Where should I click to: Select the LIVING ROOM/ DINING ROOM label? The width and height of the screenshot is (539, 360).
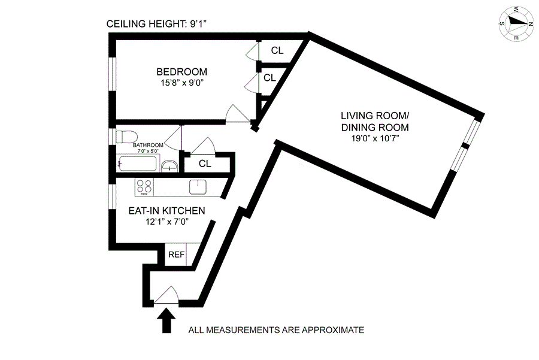click(375, 122)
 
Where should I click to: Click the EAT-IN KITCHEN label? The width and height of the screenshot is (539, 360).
click(168, 211)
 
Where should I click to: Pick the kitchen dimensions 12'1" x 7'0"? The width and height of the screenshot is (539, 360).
click(168, 222)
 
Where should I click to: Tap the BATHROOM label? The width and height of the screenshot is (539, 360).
click(148, 145)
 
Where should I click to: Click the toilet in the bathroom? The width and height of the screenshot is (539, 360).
click(128, 135)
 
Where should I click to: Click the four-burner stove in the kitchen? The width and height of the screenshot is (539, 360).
click(144, 187)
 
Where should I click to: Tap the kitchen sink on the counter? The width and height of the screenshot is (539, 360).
click(198, 187)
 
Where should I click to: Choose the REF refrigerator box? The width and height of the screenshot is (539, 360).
click(176, 255)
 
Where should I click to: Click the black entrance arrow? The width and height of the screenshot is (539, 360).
click(166, 319)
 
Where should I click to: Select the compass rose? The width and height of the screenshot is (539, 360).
click(516, 23)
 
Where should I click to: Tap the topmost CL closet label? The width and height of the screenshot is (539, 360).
click(277, 51)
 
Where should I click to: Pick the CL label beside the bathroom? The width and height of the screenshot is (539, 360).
click(205, 164)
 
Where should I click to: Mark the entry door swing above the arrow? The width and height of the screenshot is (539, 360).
click(166, 293)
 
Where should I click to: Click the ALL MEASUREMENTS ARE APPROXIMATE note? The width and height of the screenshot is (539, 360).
click(276, 330)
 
